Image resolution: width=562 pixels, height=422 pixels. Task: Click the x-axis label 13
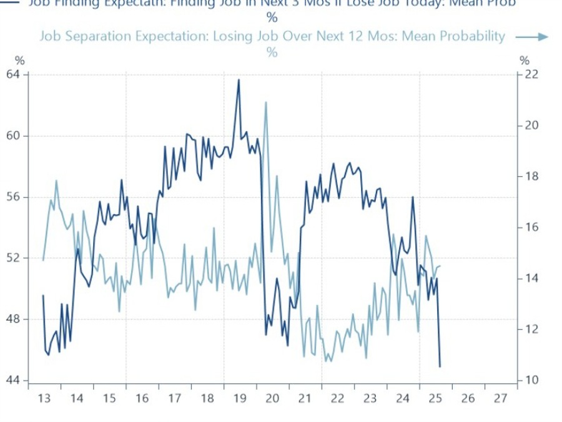pos(44,398)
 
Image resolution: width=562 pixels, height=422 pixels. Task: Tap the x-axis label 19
pos(239,398)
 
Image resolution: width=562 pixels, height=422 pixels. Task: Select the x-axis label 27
pos(500,398)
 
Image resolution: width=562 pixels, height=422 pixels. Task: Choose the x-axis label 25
pos(435,398)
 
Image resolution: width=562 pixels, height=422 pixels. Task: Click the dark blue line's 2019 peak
pos(238,80)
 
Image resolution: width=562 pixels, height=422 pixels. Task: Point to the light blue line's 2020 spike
pos(265,102)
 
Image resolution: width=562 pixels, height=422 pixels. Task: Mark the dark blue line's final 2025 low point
pos(440,366)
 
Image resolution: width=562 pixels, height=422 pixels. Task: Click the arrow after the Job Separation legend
pos(531,37)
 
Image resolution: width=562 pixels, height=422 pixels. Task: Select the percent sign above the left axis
pos(20,61)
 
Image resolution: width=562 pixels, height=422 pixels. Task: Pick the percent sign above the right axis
pos(525,61)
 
